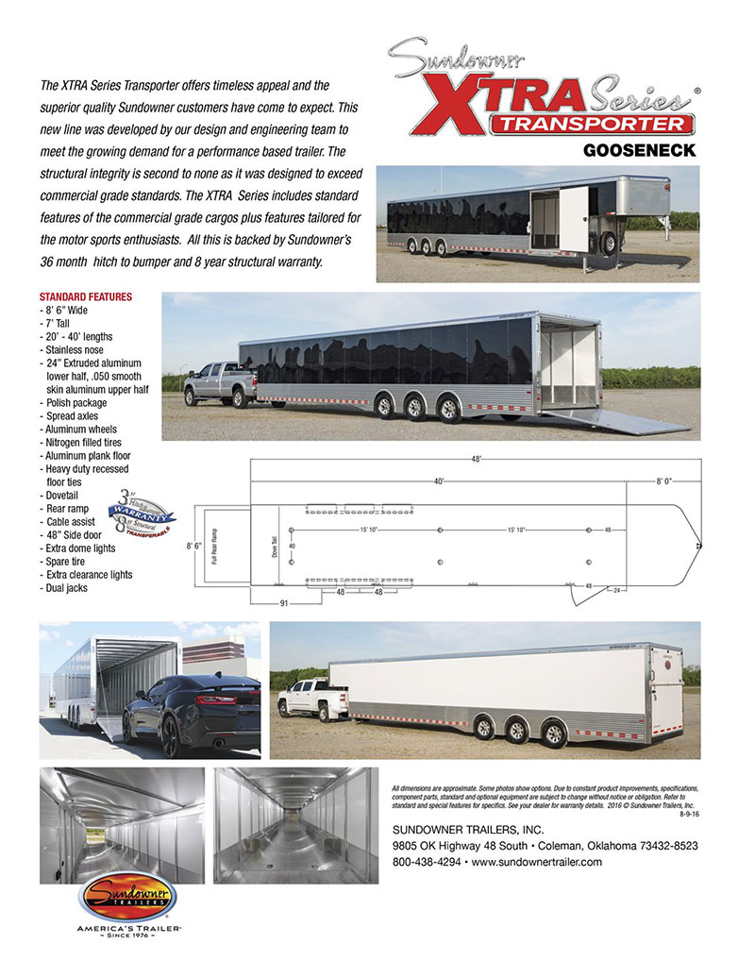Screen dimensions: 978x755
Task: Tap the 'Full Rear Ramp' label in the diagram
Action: (213, 547)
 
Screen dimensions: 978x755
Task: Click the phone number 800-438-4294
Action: (425, 862)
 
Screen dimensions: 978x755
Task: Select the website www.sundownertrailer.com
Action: (536, 862)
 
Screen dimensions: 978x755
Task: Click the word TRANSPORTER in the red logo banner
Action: (593, 124)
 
